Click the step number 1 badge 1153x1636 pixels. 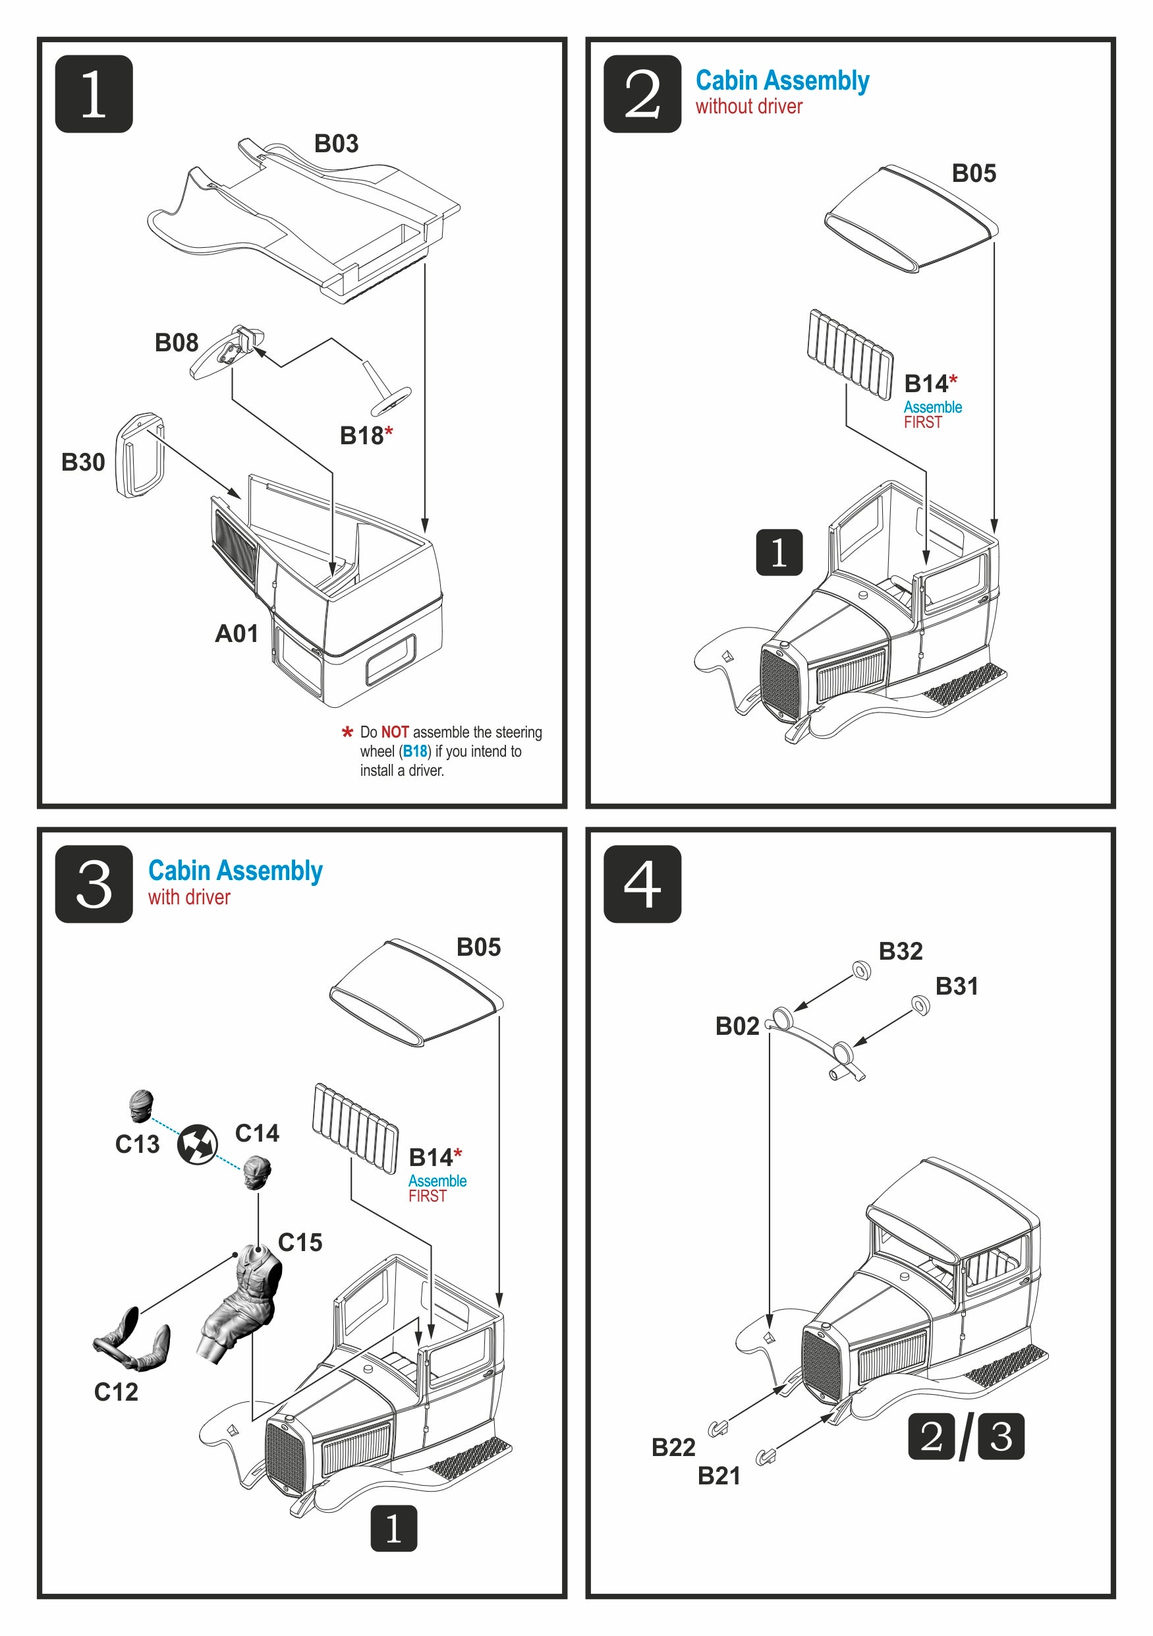(x=94, y=94)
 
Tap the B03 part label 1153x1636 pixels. (x=336, y=143)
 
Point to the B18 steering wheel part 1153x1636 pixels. (x=389, y=398)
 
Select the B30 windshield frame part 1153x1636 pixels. (x=140, y=454)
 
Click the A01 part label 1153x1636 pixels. (x=237, y=633)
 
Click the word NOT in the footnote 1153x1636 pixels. (x=395, y=732)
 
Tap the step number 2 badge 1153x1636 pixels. (x=642, y=94)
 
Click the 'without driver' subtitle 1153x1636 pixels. (x=748, y=107)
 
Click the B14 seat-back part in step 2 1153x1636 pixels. (x=851, y=353)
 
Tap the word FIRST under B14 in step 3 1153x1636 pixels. (x=428, y=1196)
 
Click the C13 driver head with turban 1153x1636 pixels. (x=140, y=1106)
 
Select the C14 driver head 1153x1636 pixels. (x=256, y=1173)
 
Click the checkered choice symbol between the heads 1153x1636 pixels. (x=197, y=1144)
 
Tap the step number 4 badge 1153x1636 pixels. (x=642, y=885)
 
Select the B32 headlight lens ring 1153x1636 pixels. (x=861, y=970)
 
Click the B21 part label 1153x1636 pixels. (x=719, y=1476)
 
